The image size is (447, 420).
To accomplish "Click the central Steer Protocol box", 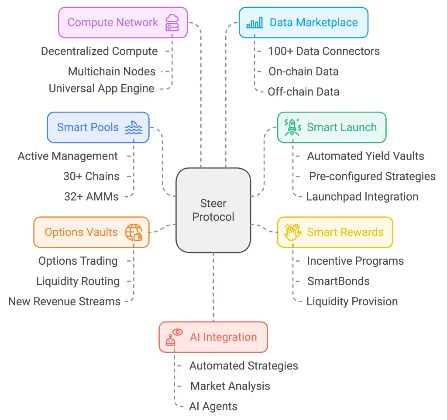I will (213, 210).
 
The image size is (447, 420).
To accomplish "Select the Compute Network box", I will (123, 22).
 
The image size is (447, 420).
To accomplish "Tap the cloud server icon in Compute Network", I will (172, 23).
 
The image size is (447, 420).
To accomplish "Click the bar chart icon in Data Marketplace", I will (254, 23).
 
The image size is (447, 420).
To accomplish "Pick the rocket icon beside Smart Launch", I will (292, 127).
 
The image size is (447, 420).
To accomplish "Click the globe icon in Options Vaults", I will (134, 232).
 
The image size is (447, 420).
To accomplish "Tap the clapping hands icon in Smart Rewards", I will (292, 232).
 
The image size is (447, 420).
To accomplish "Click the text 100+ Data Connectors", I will (323, 51).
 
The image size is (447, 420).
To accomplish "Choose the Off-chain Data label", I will (303, 92).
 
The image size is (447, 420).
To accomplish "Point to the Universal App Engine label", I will (101, 89).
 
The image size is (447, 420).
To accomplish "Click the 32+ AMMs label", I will (91, 197).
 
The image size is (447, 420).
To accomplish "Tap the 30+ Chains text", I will (91, 177).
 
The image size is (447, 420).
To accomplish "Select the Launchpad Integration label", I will (362, 197).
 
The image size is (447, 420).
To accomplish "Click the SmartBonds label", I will (338, 281).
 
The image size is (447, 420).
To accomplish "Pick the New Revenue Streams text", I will (64, 301).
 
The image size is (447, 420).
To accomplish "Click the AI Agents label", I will (213, 406).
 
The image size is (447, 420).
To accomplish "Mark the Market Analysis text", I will (230, 386).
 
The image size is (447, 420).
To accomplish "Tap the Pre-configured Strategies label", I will (372, 177).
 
